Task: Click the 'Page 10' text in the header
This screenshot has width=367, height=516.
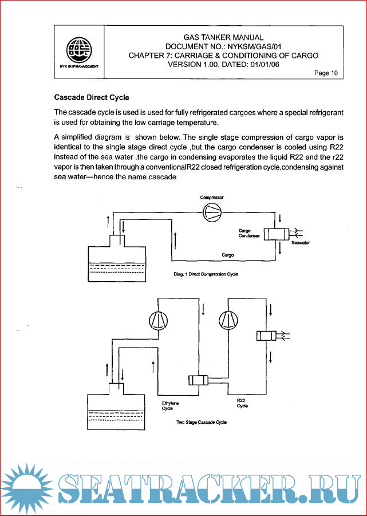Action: click(326, 73)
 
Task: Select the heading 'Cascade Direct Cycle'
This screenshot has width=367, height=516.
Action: click(92, 97)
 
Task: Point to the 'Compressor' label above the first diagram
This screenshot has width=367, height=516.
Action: click(211, 197)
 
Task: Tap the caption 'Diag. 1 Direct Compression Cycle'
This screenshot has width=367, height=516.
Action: click(206, 274)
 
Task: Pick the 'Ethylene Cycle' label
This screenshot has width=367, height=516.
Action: click(170, 406)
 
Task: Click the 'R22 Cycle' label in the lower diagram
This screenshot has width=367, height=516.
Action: click(242, 403)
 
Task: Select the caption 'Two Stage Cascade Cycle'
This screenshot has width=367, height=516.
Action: click(202, 422)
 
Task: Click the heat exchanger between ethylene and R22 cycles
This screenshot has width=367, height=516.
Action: click(200, 380)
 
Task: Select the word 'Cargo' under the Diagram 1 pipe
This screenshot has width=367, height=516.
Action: click(227, 255)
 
